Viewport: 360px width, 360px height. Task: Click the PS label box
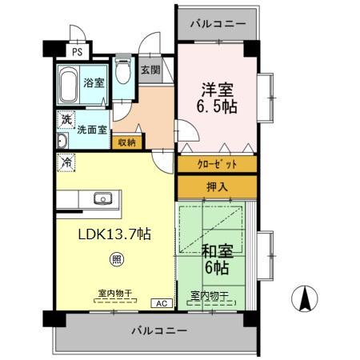pos(77,52)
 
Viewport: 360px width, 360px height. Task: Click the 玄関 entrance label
pos(150,70)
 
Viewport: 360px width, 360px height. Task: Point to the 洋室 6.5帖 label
pos(218,97)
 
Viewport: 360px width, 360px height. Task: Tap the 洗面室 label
pos(92,128)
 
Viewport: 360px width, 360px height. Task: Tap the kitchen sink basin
pos(102,198)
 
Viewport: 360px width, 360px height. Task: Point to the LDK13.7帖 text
pos(114,234)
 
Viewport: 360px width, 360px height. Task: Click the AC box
pos(161,303)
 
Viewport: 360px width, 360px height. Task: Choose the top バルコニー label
pos(218,24)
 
